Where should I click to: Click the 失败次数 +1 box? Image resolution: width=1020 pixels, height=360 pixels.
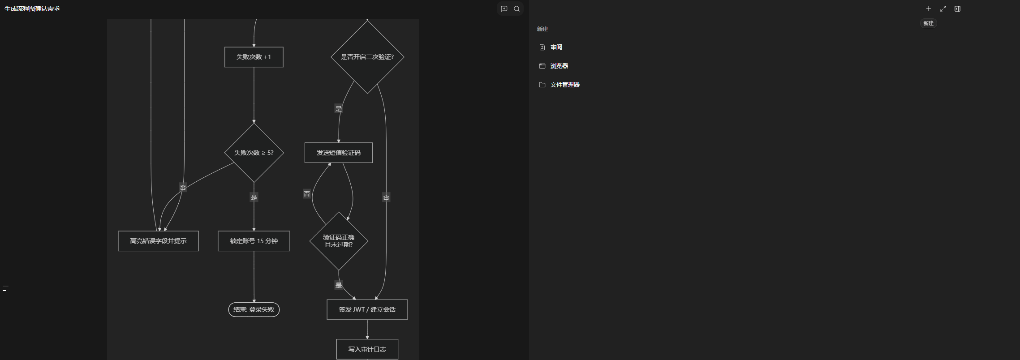click(x=254, y=57)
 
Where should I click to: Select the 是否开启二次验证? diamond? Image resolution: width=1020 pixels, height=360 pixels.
click(x=367, y=57)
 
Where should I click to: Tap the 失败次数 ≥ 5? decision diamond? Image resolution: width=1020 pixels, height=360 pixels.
click(x=254, y=153)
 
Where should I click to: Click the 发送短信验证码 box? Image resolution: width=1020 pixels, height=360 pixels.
click(x=338, y=153)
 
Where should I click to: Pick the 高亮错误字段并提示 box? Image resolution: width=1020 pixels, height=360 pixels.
click(x=158, y=241)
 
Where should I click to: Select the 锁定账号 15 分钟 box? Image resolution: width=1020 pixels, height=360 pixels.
click(x=254, y=241)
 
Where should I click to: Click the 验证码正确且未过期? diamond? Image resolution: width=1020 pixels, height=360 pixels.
click(x=339, y=241)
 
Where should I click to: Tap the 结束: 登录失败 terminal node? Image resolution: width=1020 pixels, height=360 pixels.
click(x=254, y=309)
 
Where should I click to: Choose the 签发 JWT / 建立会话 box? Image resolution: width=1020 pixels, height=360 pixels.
click(x=367, y=309)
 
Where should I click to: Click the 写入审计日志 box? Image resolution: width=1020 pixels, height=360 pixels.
click(x=367, y=349)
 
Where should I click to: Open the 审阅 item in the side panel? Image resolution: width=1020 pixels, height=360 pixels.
click(x=556, y=47)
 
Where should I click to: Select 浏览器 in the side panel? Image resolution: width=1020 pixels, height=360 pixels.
click(x=559, y=66)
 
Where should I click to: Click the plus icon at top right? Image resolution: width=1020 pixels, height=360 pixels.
click(x=929, y=9)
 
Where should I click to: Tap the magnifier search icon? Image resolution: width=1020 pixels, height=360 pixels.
click(x=516, y=9)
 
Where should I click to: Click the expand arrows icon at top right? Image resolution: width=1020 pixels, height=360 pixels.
click(x=943, y=9)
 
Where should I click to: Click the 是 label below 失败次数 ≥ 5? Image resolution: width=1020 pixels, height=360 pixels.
click(x=254, y=197)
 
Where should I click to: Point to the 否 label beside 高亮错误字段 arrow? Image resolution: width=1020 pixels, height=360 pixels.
click(x=183, y=188)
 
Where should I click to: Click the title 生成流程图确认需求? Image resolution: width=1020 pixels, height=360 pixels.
click(x=32, y=9)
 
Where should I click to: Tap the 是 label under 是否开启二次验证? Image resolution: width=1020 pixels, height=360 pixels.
click(x=339, y=109)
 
